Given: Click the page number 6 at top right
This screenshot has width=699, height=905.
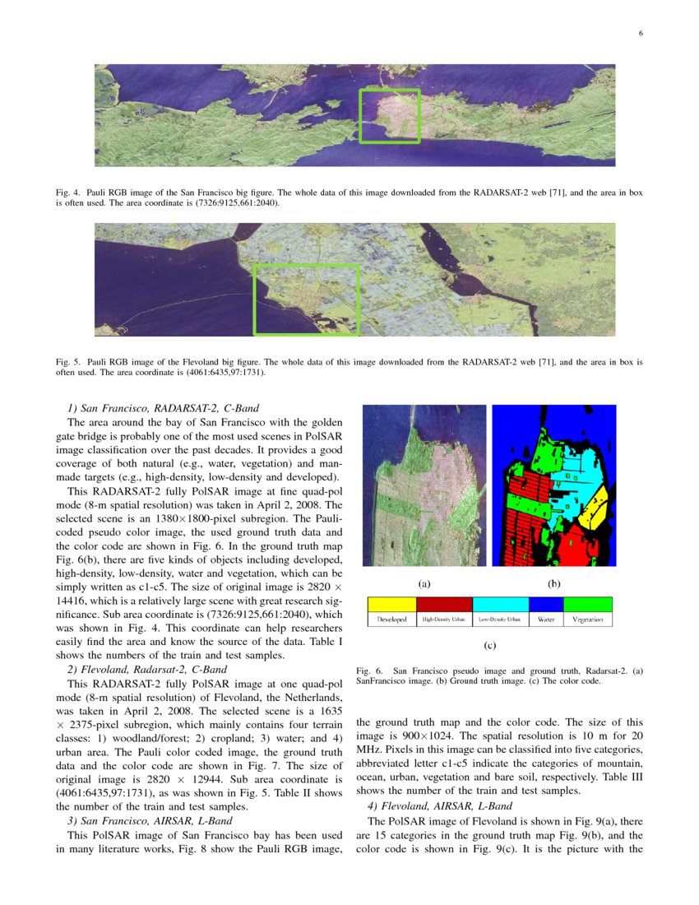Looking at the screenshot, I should tap(640, 34).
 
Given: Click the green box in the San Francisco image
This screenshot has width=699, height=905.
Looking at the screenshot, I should tap(390, 116).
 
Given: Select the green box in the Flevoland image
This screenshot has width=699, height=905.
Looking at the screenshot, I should tap(307, 299).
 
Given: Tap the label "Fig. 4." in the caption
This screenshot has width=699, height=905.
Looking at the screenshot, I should tap(67, 193).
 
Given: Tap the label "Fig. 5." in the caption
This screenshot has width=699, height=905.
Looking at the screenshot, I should tap(67, 361).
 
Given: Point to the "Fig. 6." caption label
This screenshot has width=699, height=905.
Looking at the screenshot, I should tap(369, 671).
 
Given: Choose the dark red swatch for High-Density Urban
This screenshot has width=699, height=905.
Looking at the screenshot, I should tap(445, 605).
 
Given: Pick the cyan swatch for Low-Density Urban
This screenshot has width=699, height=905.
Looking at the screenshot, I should tap(500, 605).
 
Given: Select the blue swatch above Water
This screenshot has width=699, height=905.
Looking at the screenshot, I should tap(546, 605).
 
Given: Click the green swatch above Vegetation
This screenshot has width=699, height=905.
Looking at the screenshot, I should tap(588, 605).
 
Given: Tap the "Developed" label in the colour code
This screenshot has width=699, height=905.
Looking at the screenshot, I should tap(392, 620).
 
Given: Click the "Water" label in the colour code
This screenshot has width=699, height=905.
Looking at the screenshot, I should tap(546, 620).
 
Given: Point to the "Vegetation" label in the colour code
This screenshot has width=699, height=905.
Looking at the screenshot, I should tap(588, 620).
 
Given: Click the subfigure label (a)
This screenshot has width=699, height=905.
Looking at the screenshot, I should tap(424, 583).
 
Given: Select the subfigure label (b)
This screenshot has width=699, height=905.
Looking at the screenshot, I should tap(553, 583).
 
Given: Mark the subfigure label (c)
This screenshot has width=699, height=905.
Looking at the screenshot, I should tap(489, 646).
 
